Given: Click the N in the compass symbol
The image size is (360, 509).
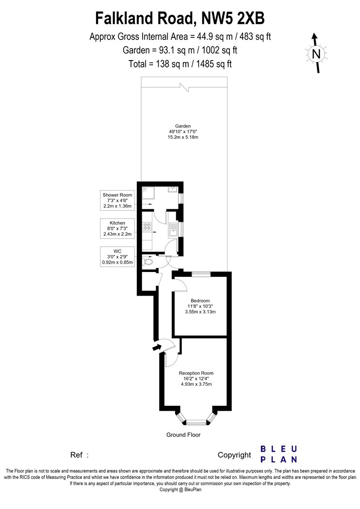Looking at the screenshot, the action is coord(316,53).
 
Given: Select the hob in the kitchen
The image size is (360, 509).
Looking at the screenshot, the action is coord(147,226).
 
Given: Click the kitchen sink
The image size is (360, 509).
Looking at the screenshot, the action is coord(172,230).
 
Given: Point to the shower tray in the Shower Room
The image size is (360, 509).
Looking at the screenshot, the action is coord(147,193).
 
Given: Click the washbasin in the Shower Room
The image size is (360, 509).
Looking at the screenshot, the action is coord(172,190).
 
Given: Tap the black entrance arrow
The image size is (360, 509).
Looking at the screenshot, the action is coord(157,348).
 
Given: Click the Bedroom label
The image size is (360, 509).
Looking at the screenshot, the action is coord(200,301).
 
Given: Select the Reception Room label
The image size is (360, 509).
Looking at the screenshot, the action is coord(196,373).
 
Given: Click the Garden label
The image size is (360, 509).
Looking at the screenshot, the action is coord(183,126).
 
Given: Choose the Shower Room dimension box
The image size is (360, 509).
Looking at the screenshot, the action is coord(117,201).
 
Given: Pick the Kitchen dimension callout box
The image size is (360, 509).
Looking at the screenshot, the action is coord(117,228).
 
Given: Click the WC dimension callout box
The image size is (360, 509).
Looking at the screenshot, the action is coord(117,257).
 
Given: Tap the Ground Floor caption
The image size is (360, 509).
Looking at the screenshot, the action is coord(183,435).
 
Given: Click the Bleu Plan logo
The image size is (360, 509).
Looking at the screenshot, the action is coord(279,454).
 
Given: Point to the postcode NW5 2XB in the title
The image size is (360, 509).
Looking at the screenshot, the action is coord(233,18).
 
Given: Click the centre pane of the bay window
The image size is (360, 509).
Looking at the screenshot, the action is coord(196,422).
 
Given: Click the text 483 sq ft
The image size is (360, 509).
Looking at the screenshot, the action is coord(255,37).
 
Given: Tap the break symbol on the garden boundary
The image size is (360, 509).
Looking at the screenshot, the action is coord(184,86).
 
